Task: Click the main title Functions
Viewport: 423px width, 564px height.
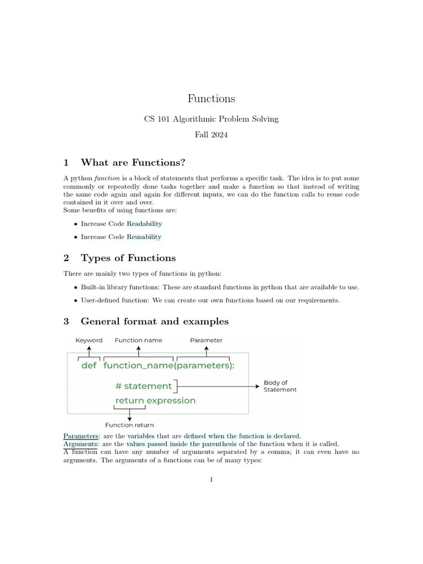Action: point(211,99)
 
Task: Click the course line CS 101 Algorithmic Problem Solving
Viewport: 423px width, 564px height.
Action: point(211,119)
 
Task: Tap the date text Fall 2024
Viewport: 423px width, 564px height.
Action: point(211,135)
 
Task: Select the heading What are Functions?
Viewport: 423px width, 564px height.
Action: point(133,162)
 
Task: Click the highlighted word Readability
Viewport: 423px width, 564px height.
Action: point(144,224)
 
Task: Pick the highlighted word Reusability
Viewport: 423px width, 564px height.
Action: point(144,237)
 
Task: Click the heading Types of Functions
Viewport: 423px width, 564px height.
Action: point(128,258)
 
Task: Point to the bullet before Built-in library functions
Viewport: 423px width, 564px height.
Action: point(75,288)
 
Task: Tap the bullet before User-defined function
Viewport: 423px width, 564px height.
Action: point(75,301)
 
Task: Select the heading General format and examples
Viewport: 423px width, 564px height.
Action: point(154,321)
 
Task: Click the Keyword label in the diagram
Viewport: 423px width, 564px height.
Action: point(89,340)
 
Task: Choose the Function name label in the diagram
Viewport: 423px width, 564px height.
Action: point(138,340)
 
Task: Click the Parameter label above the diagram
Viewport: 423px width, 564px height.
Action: point(206,340)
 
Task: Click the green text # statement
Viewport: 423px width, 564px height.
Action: point(143,386)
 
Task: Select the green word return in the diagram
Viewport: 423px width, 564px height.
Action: point(129,400)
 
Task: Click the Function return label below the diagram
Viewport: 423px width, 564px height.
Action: point(129,425)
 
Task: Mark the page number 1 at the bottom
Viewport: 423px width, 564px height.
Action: point(211,480)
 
